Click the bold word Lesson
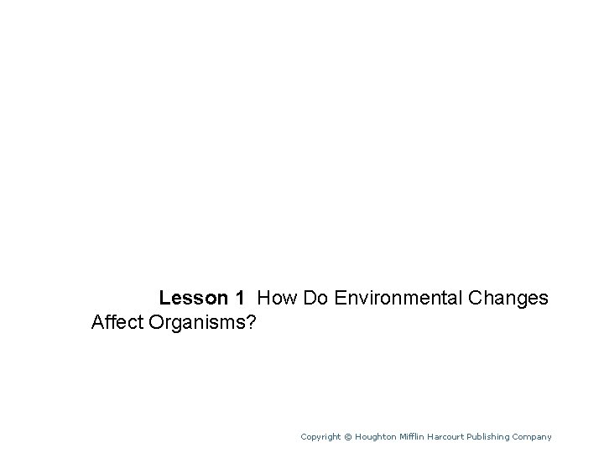point(192,298)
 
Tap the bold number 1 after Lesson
point(240,298)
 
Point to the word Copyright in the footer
point(321,436)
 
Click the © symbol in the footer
point(348,436)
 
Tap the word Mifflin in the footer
point(415,436)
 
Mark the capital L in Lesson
point(164,298)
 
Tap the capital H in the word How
point(264,298)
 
